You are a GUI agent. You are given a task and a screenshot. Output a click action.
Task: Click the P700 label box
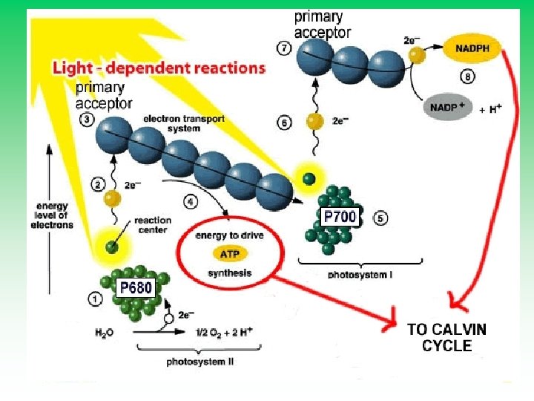click(x=338, y=218)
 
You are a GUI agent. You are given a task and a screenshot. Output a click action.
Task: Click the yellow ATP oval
click(x=228, y=254)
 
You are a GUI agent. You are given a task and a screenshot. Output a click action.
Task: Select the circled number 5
click(x=381, y=219)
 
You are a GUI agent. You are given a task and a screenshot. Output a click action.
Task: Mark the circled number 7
click(x=283, y=49)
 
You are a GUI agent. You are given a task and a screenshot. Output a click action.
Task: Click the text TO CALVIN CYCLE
click(x=446, y=337)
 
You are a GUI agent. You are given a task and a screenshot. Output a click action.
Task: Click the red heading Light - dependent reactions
click(x=158, y=68)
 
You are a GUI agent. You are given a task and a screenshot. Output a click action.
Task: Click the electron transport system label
click(x=171, y=123)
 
